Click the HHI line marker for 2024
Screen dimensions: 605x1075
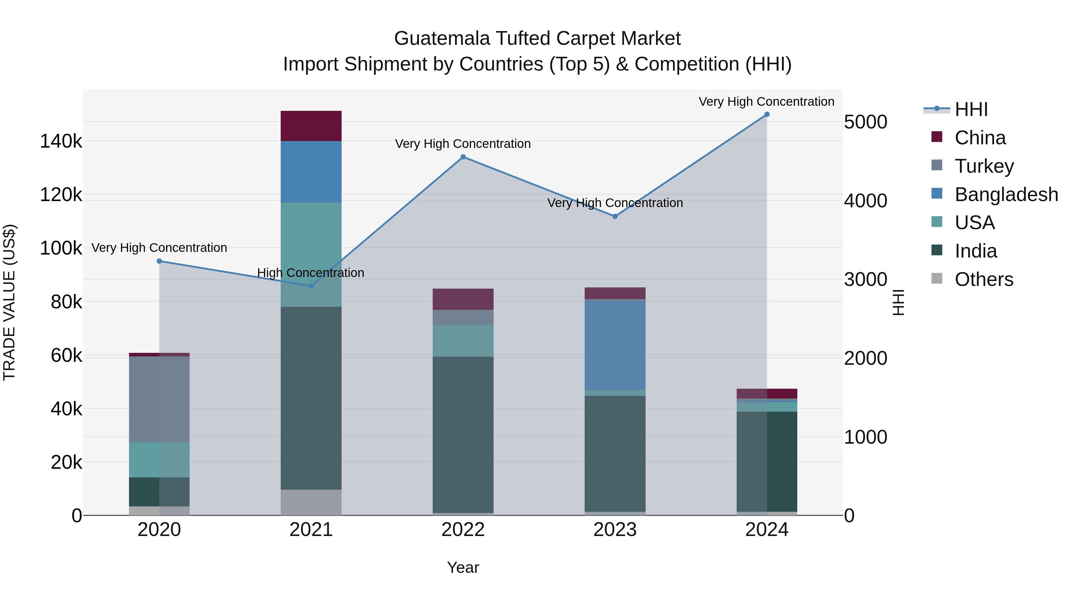767,114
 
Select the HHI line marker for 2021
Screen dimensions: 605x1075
311,286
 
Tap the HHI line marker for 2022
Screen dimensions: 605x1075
463,157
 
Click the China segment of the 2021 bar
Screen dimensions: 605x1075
311,126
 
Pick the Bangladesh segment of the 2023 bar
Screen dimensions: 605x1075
615,345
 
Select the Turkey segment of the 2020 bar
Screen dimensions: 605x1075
159,399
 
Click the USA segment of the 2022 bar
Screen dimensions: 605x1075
463,340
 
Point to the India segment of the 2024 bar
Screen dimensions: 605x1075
767,461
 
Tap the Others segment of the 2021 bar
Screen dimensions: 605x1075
311,502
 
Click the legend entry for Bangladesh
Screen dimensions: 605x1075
1006,194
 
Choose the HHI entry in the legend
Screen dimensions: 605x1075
971,109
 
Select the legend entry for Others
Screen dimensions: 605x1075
984,279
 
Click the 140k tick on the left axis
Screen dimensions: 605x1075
61,142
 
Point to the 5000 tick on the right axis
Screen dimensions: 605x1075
865,122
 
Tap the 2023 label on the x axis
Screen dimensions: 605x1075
615,530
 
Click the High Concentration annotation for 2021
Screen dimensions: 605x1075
311,273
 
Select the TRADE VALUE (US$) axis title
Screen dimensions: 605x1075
9,302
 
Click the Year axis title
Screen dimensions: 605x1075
463,567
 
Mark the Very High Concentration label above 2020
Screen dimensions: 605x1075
159,248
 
